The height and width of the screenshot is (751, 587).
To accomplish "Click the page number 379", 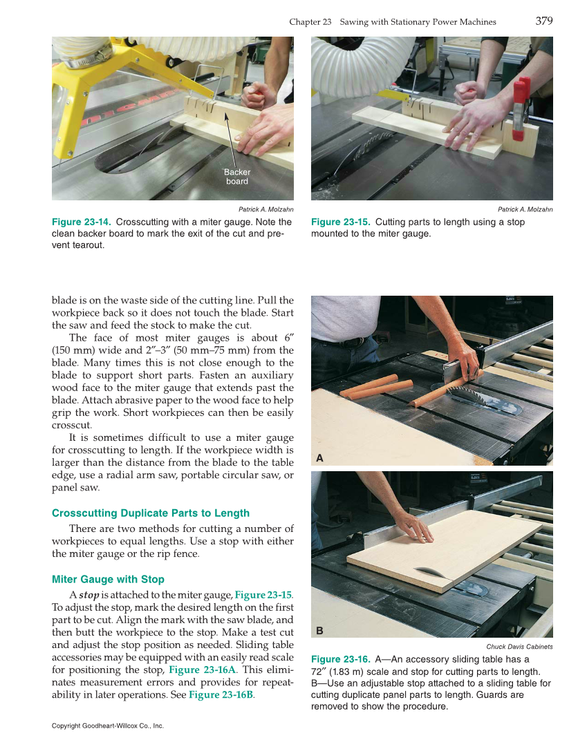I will (x=543, y=21).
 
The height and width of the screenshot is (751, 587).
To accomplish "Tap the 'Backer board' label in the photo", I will (x=236, y=177).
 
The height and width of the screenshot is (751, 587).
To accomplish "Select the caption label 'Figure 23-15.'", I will (x=341, y=222).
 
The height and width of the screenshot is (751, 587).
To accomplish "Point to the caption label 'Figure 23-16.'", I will (x=341, y=660).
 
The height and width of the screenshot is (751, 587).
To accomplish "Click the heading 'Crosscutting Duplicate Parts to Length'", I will (x=151, y=513).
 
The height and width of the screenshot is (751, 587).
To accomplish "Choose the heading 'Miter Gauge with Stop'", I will (x=109, y=579).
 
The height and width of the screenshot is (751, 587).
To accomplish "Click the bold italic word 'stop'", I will (x=89, y=595).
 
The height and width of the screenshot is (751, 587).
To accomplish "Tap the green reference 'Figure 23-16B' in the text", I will (x=221, y=694).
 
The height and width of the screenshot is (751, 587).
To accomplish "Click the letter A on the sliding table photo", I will (x=319, y=458).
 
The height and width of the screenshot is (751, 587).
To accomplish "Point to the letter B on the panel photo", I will (x=319, y=630).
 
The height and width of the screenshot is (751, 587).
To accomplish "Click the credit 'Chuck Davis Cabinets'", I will (x=519, y=647).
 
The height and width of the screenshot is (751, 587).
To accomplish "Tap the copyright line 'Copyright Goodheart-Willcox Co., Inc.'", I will (x=108, y=726).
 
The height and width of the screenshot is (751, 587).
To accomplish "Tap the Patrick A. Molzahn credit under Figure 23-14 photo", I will (x=265, y=209).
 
